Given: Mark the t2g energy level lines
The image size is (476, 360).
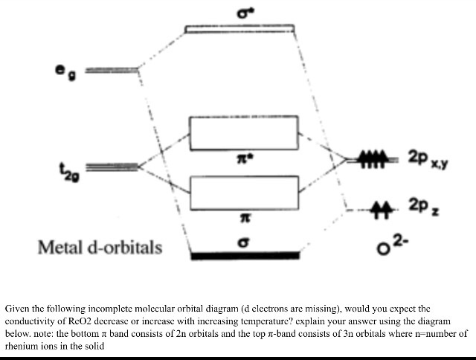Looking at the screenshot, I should point(114,165).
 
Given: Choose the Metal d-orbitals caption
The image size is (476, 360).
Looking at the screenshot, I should point(100,246).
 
